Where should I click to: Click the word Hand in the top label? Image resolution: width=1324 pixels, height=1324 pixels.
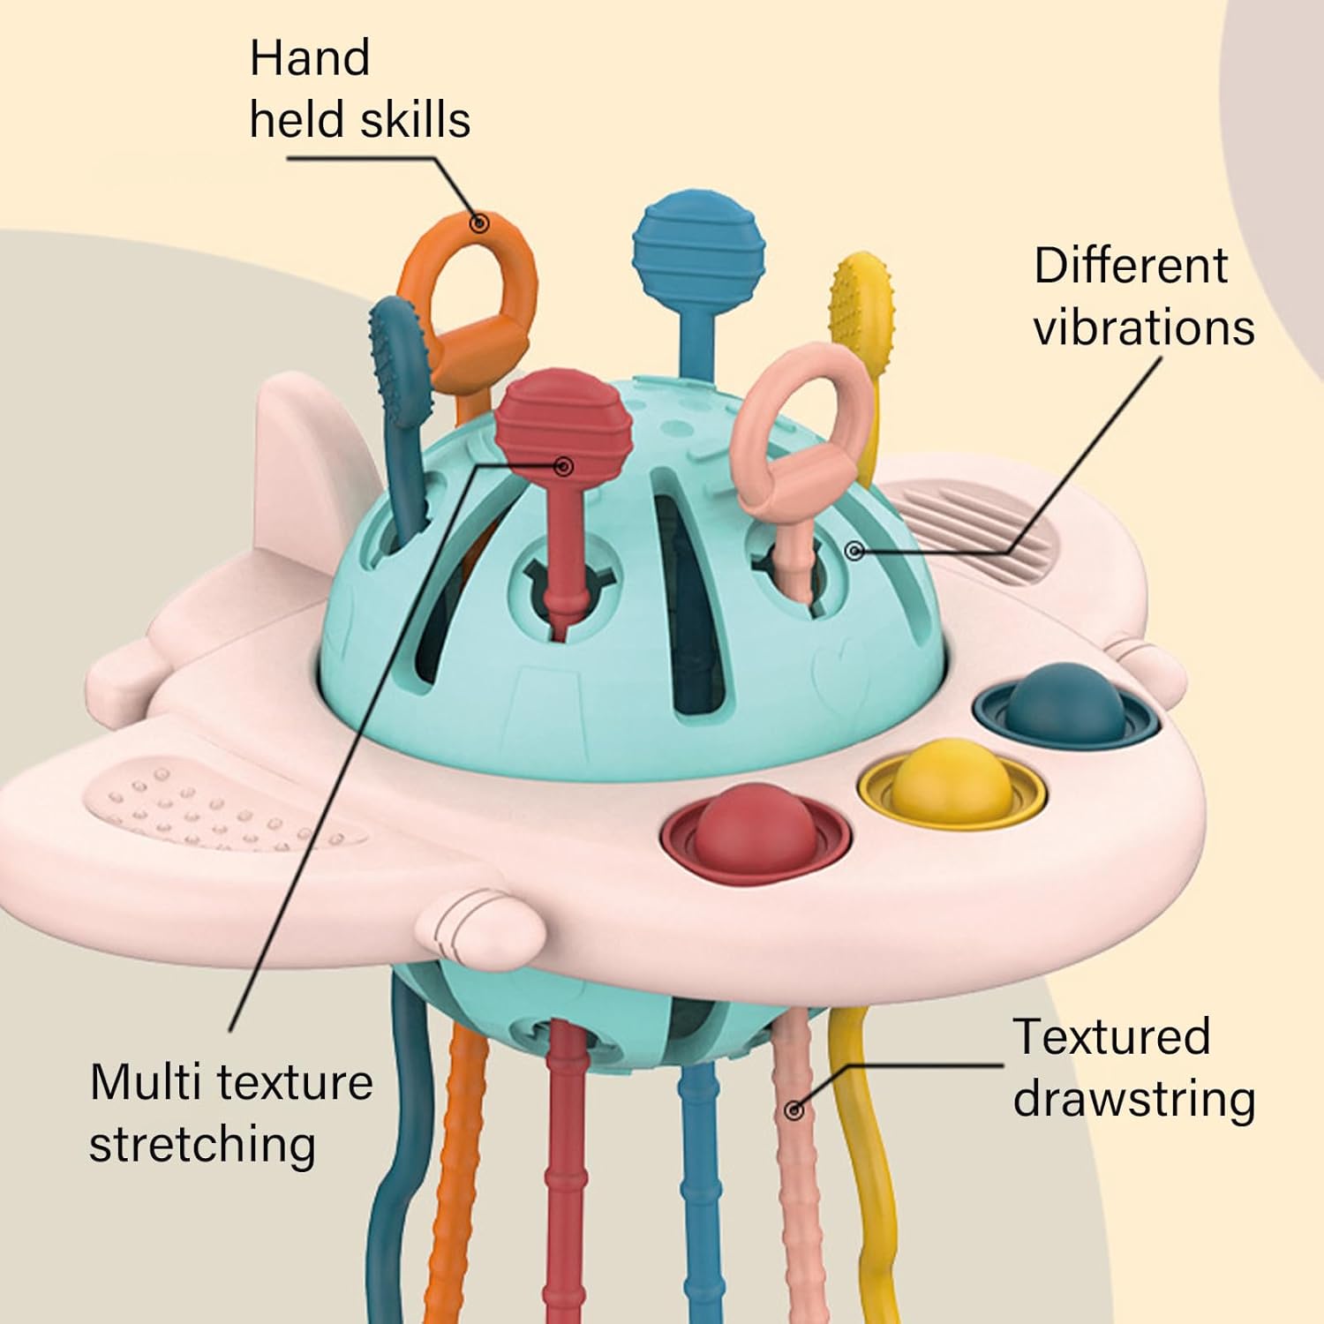tap(309, 58)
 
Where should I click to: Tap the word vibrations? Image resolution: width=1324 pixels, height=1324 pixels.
tap(1144, 327)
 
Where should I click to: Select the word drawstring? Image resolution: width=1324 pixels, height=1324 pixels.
tap(1134, 1100)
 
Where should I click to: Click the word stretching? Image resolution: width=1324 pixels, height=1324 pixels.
tap(202, 1145)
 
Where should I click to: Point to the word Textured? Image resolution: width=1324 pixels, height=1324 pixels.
tap(1111, 1036)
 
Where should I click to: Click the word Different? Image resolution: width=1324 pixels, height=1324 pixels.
tap(1131, 265)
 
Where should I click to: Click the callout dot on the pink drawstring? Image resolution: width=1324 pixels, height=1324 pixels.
tap(794, 1110)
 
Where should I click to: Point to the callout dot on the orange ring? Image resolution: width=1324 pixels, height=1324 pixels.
tap(479, 222)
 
